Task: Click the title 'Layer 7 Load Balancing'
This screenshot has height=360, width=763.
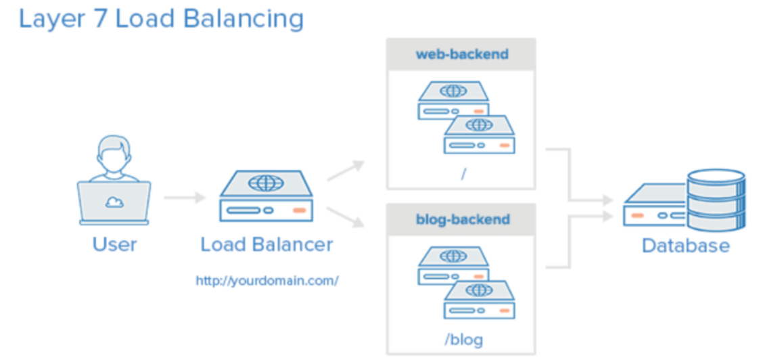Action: [x=161, y=18]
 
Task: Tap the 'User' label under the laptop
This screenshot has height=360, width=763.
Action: [x=114, y=244]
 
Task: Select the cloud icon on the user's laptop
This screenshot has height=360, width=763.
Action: [x=114, y=201]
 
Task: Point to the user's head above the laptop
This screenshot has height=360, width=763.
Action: [x=114, y=150]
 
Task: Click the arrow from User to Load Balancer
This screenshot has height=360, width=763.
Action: [x=184, y=198]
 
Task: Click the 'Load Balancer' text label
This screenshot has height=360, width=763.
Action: [x=267, y=244]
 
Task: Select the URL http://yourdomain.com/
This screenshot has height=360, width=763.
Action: [x=267, y=280]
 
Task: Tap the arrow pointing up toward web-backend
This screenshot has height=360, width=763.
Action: [x=345, y=171]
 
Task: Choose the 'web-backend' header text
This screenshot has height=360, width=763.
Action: [x=461, y=54]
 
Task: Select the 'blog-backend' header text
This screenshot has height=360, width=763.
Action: [x=462, y=220]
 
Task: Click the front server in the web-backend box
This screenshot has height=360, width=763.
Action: [x=479, y=135]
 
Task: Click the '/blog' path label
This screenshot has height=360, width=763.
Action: [x=463, y=338]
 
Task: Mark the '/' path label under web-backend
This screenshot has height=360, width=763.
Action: [x=463, y=174]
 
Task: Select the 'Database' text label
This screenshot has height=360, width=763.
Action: [x=685, y=245]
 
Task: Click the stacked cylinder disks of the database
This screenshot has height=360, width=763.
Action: [x=715, y=199]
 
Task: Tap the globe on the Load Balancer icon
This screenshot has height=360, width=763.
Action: [x=265, y=182]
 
